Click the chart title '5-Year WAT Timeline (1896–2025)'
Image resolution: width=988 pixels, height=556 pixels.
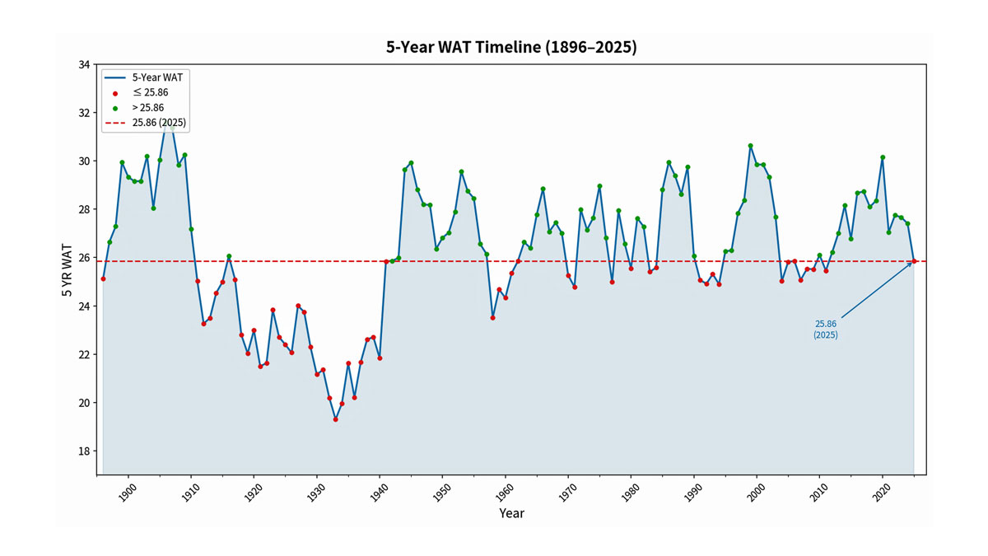click(511, 47)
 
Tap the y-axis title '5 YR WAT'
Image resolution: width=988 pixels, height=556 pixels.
click(67, 270)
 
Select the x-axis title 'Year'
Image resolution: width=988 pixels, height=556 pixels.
click(511, 513)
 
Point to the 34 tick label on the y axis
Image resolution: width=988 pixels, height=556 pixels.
click(84, 65)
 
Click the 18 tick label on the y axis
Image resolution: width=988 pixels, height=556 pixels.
click(84, 451)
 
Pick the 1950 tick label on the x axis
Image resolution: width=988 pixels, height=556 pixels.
click(441, 493)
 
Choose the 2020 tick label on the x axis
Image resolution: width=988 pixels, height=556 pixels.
click(882, 493)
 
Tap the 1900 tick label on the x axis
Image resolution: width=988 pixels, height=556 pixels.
click(128, 493)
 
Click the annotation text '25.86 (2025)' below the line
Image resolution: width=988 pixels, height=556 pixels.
click(825, 329)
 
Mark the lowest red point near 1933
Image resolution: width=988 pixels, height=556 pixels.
click(336, 419)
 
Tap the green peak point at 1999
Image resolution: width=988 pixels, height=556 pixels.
click(750, 146)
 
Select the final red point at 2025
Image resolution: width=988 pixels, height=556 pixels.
click(914, 261)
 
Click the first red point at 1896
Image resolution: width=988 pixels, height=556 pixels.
click(103, 279)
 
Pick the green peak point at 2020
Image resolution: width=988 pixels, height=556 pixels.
click(883, 157)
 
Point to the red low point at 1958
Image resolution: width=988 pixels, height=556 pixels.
click(492, 318)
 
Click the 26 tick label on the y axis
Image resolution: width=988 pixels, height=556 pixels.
click(84, 258)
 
